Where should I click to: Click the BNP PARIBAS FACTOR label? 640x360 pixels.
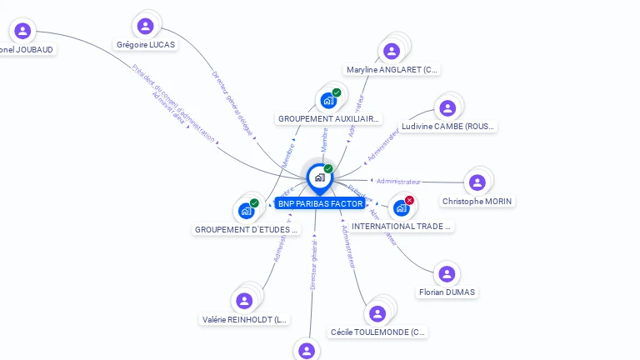(x=320, y=204)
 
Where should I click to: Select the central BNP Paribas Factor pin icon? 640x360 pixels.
(x=319, y=177)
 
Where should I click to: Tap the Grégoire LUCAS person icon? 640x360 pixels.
(x=146, y=26)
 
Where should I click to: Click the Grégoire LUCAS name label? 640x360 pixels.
(x=146, y=44)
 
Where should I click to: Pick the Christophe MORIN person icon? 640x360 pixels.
(x=477, y=182)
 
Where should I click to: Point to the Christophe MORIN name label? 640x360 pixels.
(x=477, y=201)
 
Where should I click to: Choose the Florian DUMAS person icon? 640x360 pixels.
(x=447, y=274)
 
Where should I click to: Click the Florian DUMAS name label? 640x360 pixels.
(x=447, y=292)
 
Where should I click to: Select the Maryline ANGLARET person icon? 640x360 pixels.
(x=391, y=52)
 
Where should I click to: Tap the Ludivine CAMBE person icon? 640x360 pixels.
(x=447, y=108)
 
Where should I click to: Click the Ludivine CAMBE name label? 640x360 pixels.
(x=447, y=127)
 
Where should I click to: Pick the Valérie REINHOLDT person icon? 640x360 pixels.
(x=244, y=301)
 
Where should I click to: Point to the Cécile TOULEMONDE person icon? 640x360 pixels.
(x=377, y=314)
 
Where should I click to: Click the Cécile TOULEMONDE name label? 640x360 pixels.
(x=378, y=332)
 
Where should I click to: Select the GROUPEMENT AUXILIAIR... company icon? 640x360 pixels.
(x=328, y=101)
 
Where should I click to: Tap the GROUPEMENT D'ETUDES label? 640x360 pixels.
(x=246, y=229)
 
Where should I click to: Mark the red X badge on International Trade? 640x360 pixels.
(x=409, y=200)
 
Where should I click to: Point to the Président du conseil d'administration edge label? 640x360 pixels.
(x=173, y=102)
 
